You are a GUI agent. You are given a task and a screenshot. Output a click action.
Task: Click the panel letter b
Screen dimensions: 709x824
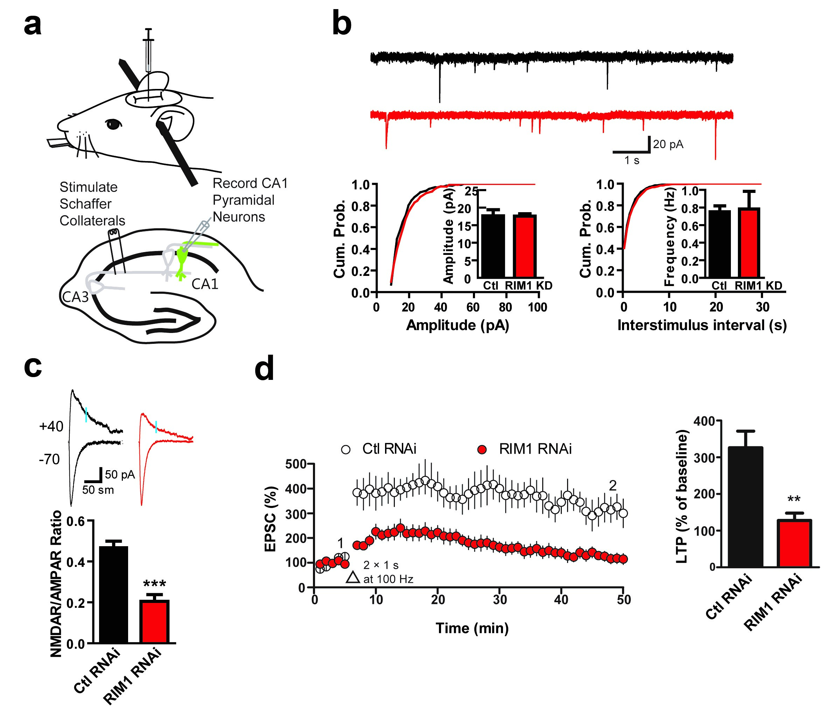pyautogui.click(x=342, y=25)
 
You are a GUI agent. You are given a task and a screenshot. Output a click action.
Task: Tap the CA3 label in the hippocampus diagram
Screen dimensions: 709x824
pyautogui.click(x=75, y=297)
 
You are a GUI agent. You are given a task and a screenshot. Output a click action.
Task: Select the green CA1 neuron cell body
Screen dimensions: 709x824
pyautogui.click(x=183, y=255)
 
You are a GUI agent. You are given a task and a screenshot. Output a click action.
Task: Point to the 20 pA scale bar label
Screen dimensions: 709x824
pyautogui.click(x=668, y=144)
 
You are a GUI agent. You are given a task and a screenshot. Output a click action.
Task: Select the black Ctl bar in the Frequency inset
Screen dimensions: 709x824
pyautogui.click(x=719, y=243)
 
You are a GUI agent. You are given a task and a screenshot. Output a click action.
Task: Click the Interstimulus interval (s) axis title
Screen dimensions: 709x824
pyautogui.click(x=702, y=326)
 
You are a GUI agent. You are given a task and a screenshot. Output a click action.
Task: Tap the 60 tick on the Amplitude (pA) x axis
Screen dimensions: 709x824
pyautogui.click(x=473, y=307)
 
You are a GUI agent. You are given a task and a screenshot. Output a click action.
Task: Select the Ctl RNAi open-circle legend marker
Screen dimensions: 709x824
pyautogui.click(x=345, y=450)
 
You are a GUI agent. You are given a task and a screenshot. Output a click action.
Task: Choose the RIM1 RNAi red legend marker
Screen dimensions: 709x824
pyautogui.click(x=482, y=450)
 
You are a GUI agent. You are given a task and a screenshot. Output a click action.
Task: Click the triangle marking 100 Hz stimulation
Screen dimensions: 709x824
pyautogui.click(x=352, y=578)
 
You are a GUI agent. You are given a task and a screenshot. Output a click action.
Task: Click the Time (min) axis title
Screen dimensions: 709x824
pyautogui.click(x=472, y=628)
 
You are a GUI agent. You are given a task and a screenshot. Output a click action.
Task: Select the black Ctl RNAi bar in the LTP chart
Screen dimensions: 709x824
pyautogui.click(x=745, y=507)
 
